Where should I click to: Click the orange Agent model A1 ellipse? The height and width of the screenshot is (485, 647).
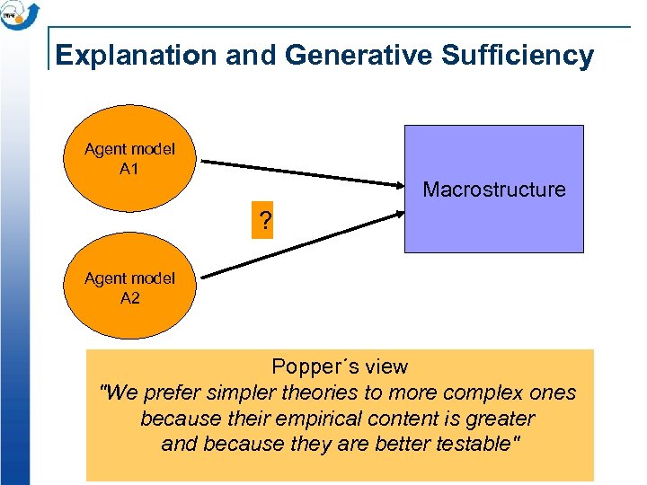[129, 159]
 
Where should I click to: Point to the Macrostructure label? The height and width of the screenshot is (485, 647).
[494, 190]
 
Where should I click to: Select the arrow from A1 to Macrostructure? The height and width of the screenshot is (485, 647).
[301, 174]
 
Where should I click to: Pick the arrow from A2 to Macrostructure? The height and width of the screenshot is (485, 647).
[301, 243]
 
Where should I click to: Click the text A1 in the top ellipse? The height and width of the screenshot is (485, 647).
[129, 169]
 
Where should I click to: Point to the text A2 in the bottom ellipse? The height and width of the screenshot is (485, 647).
[129, 297]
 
